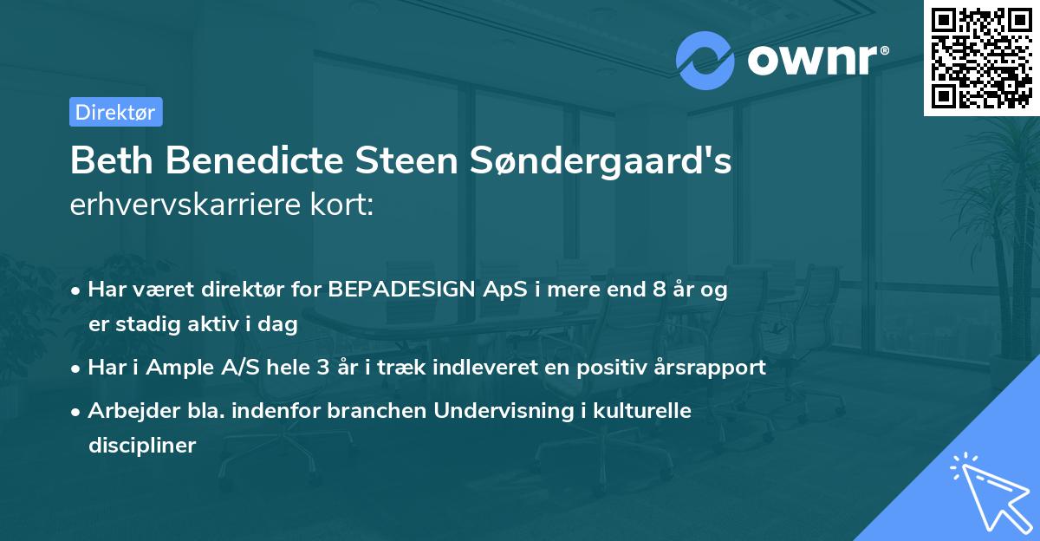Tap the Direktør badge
click(115, 112)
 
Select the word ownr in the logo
click(810, 58)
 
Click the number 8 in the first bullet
click(660, 290)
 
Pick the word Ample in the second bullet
click(178, 368)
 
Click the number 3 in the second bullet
click(322, 368)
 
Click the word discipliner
click(142, 446)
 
